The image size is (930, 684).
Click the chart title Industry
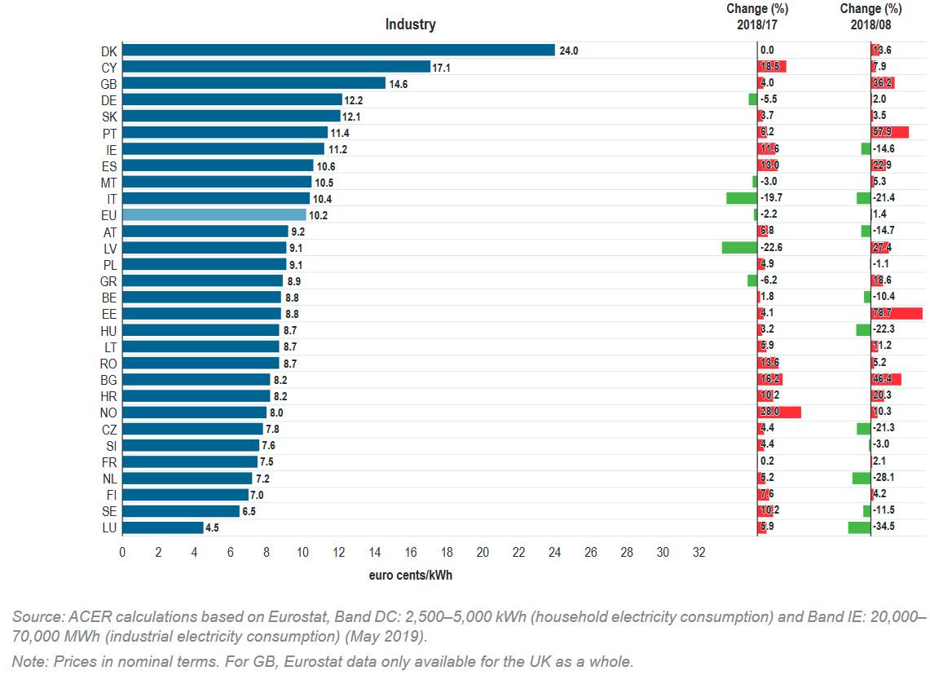pyautogui.click(x=410, y=24)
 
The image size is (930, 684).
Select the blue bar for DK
pyautogui.click(x=338, y=51)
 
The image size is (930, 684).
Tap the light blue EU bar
pyautogui.click(x=214, y=215)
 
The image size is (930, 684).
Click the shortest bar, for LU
pyautogui.click(x=162, y=527)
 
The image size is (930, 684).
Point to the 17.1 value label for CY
pyautogui.click(x=441, y=67)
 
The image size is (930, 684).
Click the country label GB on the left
pyautogui.click(x=108, y=83)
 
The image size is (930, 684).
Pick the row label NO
pyautogui.click(x=108, y=413)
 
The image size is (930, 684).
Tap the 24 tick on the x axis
pyautogui.click(x=554, y=553)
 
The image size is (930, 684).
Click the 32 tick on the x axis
pyautogui.click(x=699, y=553)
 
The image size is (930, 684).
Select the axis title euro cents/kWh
pyautogui.click(x=410, y=576)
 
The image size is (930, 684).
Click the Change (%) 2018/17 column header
pyautogui.click(x=757, y=16)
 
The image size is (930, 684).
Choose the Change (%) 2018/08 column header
pyautogui.click(x=870, y=16)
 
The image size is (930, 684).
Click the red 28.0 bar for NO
pyautogui.click(x=779, y=413)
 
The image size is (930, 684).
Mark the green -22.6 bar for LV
pyautogui.click(x=739, y=248)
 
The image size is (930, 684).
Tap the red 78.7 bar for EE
pyautogui.click(x=897, y=314)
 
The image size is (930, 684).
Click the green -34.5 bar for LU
pyautogui.click(x=859, y=527)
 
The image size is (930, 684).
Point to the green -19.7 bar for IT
pyautogui.click(x=742, y=198)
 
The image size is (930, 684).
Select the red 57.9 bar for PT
pyautogui.click(x=890, y=133)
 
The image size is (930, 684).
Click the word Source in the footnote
pyautogui.click(x=33, y=616)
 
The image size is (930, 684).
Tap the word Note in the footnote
pyautogui.click(x=27, y=661)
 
